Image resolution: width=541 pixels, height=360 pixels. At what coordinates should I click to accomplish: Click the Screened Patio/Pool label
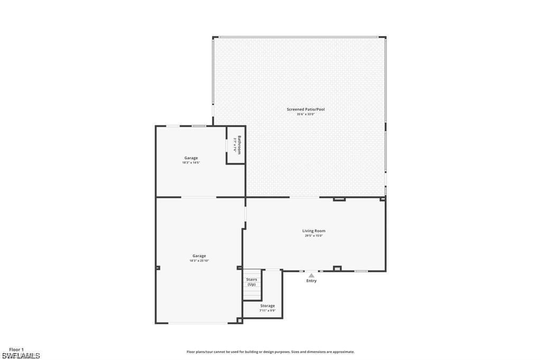(x=305, y=109)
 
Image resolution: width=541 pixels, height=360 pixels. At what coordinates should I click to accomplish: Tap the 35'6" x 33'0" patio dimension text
(x=305, y=115)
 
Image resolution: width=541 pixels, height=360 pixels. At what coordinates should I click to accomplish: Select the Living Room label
(x=313, y=231)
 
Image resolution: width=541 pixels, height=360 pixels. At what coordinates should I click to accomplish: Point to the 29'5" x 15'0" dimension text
(x=313, y=236)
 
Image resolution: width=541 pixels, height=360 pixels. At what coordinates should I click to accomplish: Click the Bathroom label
(x=239, y=145)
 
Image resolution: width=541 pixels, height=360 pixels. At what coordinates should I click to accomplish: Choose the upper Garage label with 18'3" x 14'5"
(x=191, y=158)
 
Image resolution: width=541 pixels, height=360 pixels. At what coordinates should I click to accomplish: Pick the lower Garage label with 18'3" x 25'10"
(x=199, y=255)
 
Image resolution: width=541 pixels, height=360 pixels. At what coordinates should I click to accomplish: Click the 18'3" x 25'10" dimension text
(x=199, y=261)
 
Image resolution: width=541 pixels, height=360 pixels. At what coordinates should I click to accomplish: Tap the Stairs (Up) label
(x=251, y=281)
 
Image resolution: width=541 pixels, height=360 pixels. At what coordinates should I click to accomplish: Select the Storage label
(x=267, y=306)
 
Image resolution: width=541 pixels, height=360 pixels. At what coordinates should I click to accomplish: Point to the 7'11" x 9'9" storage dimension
(x=267, y=311)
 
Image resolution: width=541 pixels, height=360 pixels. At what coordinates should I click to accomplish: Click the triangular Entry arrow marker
(x=312, y=275)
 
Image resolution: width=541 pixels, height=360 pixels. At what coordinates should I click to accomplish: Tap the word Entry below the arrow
(x=312, y=281)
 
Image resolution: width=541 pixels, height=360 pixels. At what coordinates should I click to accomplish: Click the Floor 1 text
(x=16, y=349)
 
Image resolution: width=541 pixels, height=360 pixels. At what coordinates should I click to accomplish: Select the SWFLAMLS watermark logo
(x=21, y=356)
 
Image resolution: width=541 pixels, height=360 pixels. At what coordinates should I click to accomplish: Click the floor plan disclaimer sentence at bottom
(x=270, y=352)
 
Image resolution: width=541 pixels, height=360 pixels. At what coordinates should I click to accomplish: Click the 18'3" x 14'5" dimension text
(x=191, y=163)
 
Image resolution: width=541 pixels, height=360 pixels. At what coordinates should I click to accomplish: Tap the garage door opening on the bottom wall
(x=198, y=323)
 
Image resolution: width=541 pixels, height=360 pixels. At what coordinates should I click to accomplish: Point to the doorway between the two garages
(x=199, y=197)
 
